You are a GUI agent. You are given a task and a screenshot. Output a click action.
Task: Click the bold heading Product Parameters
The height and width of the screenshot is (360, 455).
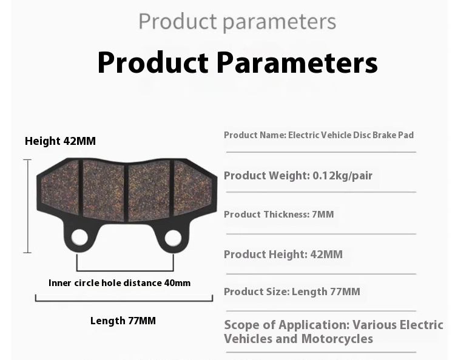237,62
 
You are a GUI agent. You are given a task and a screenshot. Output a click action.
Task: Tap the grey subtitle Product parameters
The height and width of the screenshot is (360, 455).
237,21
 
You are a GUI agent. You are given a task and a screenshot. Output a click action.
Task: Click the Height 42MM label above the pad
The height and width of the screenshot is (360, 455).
60,141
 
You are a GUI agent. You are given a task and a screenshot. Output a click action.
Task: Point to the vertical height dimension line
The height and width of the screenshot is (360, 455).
27,206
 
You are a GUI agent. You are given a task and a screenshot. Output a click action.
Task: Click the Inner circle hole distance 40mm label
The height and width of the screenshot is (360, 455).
120,283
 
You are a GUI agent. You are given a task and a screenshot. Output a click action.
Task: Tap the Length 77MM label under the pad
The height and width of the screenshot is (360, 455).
123,321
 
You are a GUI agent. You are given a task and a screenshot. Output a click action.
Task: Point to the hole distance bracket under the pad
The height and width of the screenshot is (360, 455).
125,270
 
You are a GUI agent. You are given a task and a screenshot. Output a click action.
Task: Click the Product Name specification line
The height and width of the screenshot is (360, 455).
318,135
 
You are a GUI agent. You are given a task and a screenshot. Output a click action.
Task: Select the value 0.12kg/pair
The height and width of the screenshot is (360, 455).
343,176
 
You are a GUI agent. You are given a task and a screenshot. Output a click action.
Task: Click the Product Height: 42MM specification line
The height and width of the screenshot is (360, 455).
283,254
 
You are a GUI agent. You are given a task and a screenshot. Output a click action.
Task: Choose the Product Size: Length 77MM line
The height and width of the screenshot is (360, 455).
292,292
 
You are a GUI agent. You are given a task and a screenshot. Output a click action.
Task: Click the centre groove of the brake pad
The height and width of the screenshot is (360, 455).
126,192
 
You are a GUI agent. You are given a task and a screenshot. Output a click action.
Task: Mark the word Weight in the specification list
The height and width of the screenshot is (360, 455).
288,176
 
